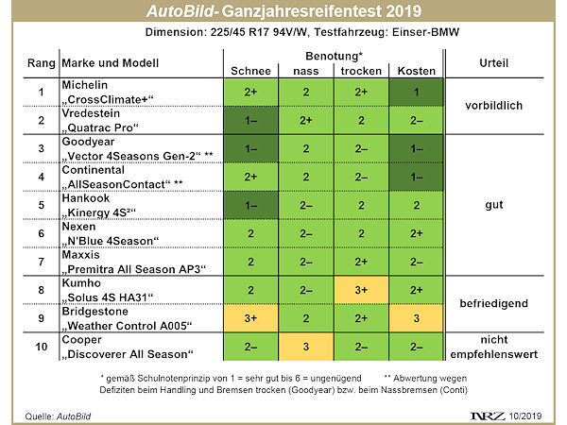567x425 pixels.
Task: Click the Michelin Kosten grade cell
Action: point(417,93)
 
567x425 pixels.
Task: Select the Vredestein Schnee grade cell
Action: point(251,121)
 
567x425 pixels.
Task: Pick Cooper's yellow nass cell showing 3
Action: point(306,346)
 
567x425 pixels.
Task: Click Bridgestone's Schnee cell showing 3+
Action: point(251,319)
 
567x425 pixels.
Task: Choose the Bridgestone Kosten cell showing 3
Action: point(417,319)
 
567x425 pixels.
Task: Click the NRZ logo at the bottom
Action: point(486,413)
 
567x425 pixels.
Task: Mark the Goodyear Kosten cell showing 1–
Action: point(417,148)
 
